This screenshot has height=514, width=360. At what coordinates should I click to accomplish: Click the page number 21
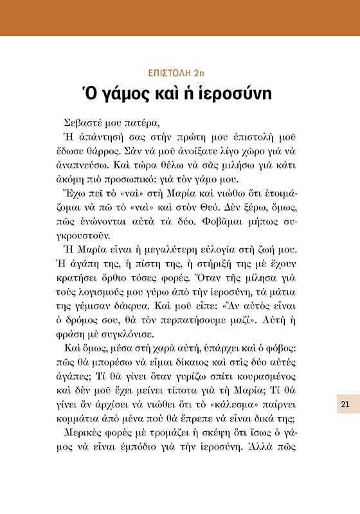[345, 404]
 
